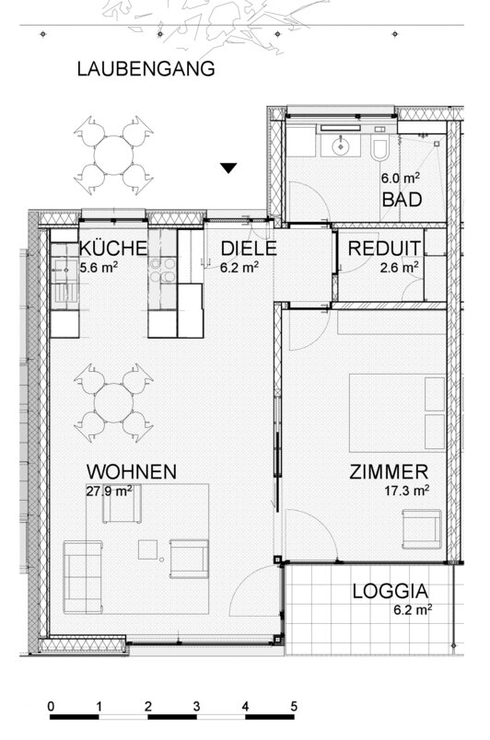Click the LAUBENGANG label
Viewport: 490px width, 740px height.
click(146, 69)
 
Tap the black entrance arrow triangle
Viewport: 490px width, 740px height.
click(229, 168)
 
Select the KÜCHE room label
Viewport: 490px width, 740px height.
click(112, 249)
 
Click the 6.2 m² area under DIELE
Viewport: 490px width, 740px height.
click(239, 267)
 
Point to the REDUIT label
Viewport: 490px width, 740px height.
click(384, 249)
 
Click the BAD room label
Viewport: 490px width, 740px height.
click(402, 200)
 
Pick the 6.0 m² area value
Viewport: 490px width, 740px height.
click(401, 179)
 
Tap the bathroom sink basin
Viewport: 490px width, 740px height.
click(340, 145)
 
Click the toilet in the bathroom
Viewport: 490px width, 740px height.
click(379, 148)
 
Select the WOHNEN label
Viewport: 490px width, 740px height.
click(132, 472)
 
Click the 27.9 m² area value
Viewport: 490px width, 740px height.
click(109, 491)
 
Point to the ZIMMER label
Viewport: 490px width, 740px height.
click(389, 472)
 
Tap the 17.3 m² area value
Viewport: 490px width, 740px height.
click(406, 491)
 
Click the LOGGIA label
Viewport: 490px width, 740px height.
click(391, 591)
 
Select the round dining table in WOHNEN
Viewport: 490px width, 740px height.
click(114, 402)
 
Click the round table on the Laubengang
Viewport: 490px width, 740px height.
click(114, 156)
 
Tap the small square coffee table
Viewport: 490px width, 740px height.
click(147, 549)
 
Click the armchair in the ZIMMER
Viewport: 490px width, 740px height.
click(422, 529)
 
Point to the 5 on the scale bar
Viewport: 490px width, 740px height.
click(294, 707)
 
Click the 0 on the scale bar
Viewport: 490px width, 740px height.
click(51, 707)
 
